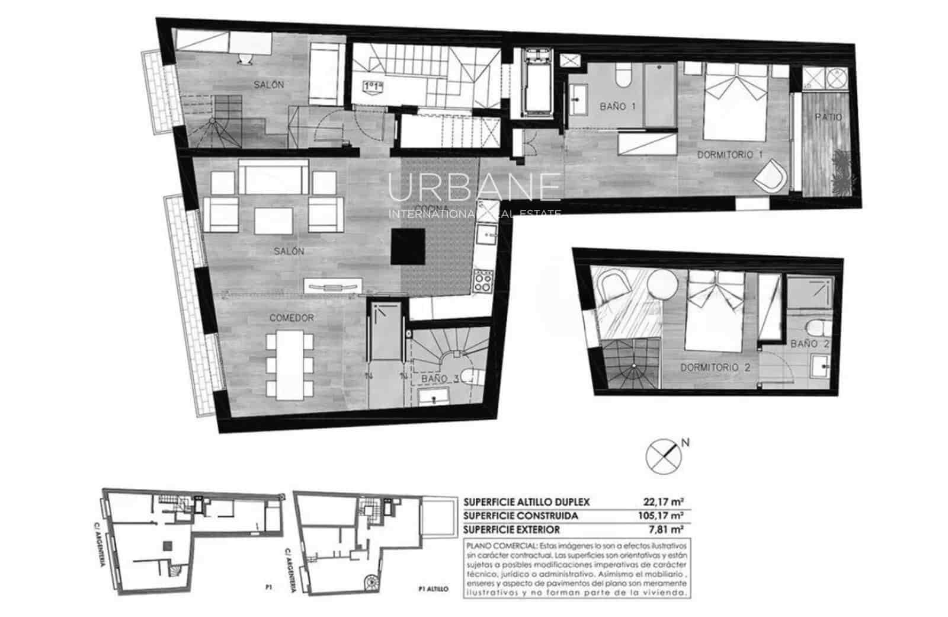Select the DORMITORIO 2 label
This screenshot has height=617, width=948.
point(715,367)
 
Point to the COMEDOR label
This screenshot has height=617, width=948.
point(292,318)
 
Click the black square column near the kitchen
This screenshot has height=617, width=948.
point(408,247)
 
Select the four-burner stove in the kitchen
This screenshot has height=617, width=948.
point(482,281)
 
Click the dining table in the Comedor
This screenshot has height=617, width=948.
point(290,365)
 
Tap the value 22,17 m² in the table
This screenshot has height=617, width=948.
point(668,501)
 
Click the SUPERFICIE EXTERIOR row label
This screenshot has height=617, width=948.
point(512,530)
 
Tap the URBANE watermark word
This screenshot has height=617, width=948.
point(474,187)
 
